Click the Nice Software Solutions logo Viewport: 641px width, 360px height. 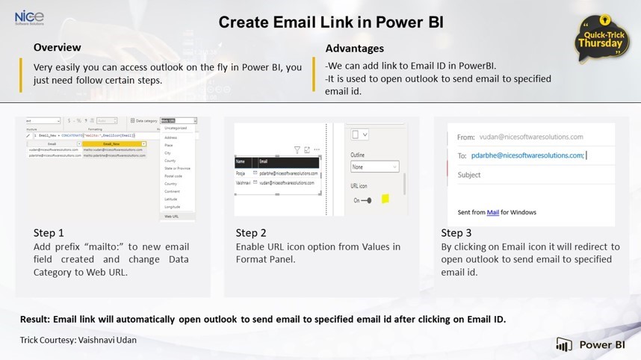[x=28, y=17]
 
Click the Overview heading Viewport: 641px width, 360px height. [x=57, y=48]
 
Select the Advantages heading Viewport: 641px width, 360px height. [x=355, y=49]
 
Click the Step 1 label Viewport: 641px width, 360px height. [x=49, y=233]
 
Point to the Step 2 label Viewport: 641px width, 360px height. [x=251, y=233]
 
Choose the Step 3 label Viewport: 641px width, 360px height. [x=456, y=233]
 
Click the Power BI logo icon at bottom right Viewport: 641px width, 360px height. [x=564, y=344]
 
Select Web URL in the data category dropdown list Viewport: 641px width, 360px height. [x=172, y=217]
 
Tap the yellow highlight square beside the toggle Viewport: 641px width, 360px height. [x=385, y=199]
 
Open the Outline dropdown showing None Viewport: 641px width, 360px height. [x=374, y=167]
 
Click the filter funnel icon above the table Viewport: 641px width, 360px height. [x=297, y=150]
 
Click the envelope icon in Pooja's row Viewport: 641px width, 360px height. [x=255, y=173]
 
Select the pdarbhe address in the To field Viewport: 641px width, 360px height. [x=527, y=155]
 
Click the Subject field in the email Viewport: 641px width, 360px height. [x=470, y=175]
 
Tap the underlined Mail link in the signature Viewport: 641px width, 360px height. [x=493, y=212]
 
